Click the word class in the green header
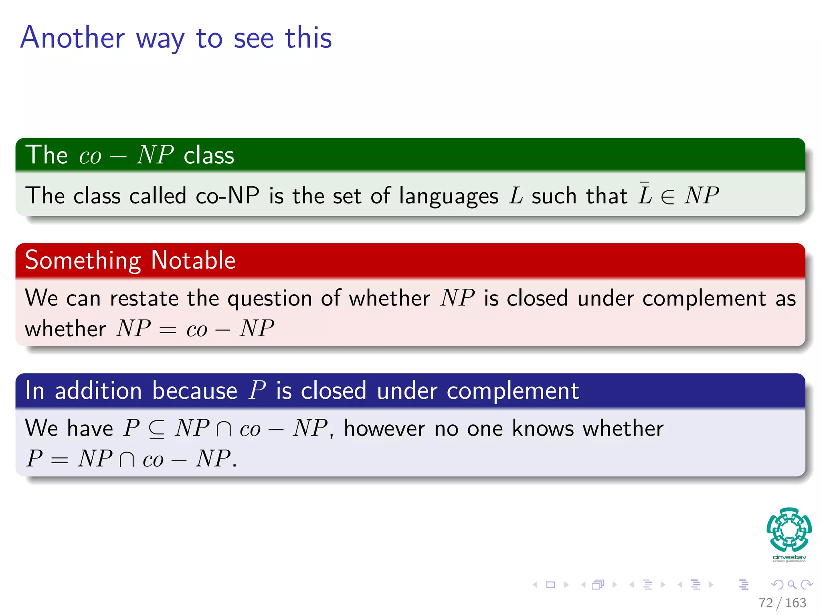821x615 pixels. (208, 155)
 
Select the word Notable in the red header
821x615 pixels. (193, 260)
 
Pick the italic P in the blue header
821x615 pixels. (257, 390)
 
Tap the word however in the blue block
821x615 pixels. (384, 428)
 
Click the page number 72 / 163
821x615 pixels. (782, 603)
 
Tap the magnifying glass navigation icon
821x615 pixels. (792, 585)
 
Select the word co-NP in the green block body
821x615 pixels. (227, 196)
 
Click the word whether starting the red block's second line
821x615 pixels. (65, 329)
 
